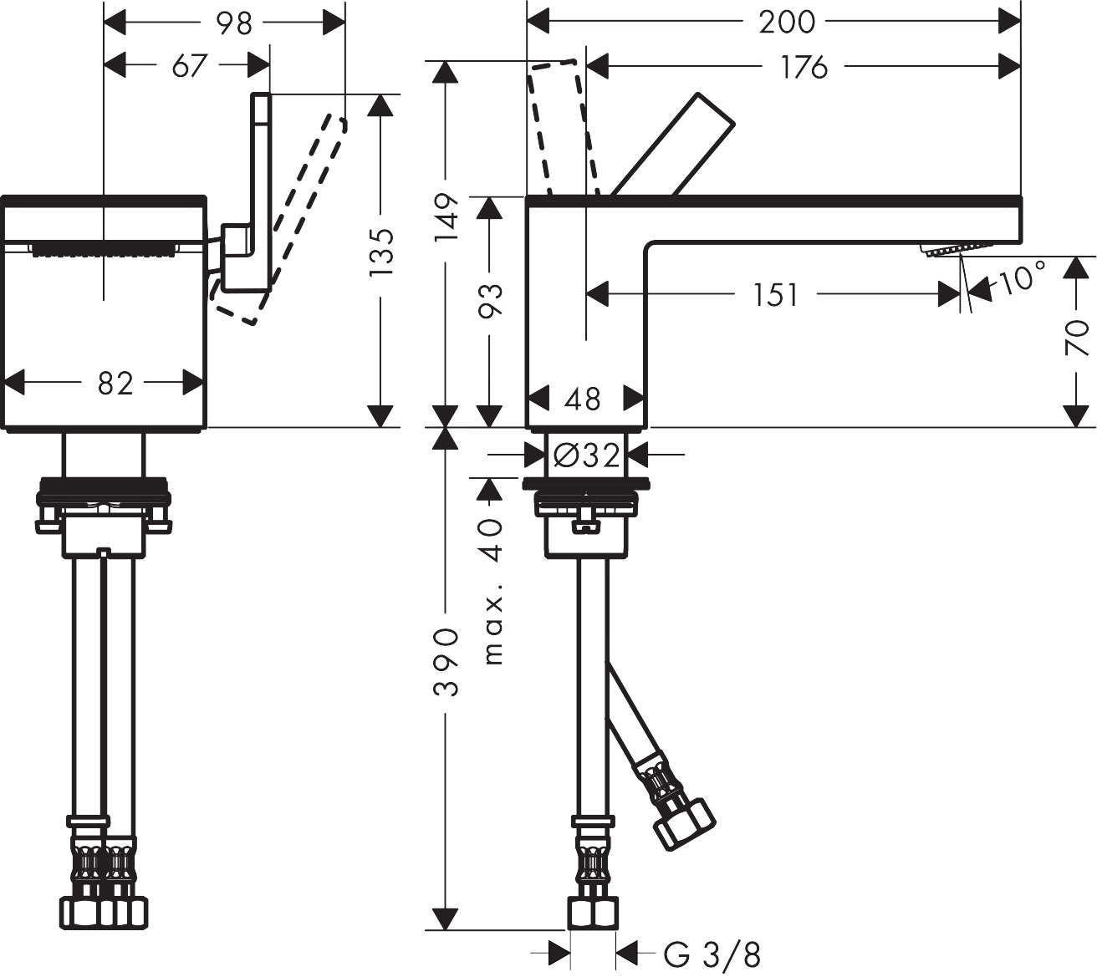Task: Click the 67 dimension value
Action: click(190, 65)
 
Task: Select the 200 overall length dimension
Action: click(786, 23)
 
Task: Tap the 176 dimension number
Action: click(804, 67)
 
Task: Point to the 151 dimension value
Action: click(775, 295)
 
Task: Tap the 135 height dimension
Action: click(380, 252)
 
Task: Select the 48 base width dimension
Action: click(583, 399)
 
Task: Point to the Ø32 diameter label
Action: click(587, 455)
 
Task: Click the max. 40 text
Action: click(493, 592)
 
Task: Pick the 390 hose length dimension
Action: click(446, 662)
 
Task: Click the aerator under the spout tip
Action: click(953, 249)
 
